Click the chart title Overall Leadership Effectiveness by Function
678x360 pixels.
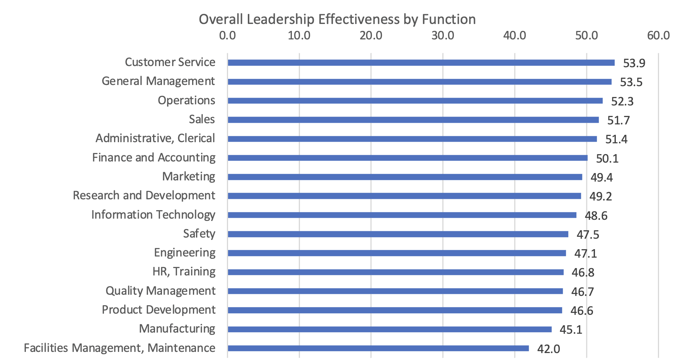(x=337, y=19)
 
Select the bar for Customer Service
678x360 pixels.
(x=421, y=63)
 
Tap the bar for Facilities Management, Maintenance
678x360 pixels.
(x=378, y=348)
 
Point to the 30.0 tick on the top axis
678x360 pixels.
(x=443, y=36)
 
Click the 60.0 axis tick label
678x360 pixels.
(x=658, y=36)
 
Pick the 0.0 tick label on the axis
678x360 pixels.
(x=227, y=36)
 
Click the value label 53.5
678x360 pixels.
(x=631, y=82)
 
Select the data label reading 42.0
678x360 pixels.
(x=548, y=349)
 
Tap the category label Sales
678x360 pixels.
(x=202, y=119)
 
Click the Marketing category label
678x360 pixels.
(x=189, y=177)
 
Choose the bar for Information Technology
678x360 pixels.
(x=402, y=215)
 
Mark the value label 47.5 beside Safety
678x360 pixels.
(x=588, y=235)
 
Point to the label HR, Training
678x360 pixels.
(x=184, y=272)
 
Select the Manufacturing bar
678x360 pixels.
(x=390, y=329)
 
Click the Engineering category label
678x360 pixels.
(x=185, y=253)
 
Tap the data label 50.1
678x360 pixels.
(x=607, y=159)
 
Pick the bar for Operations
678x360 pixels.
(x=415, y=101)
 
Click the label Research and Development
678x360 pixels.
(x=144, y=195)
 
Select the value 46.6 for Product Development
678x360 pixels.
(x=581, y=311)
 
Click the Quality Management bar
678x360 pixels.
(x=395, y=291)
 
